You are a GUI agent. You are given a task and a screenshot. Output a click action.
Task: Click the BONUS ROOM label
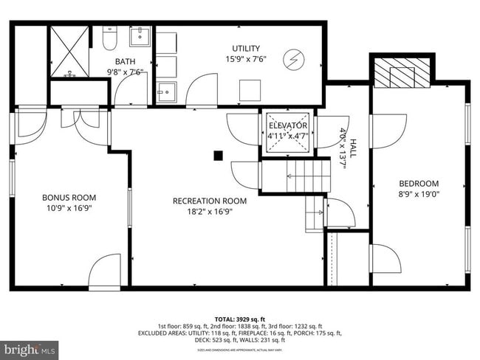[x=69, y=197]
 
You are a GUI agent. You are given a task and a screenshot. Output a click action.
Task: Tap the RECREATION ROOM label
[x=210, y=201]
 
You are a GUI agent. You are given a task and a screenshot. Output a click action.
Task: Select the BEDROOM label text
[x=419, y=184]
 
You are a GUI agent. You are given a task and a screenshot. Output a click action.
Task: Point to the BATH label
[x=124, y=61]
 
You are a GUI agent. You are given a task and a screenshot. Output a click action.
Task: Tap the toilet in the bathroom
[x=109, y=38]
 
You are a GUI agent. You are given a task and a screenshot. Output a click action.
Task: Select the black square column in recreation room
[x=218, y=155]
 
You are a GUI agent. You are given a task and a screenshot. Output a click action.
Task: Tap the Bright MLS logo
[x=30, y=347]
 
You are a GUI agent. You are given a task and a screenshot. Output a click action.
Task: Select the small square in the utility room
[x=249, y=90]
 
